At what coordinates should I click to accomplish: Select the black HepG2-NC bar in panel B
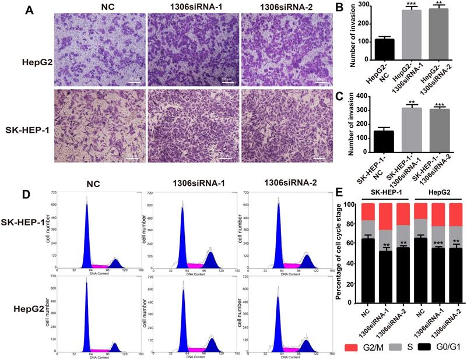tap(384, 50)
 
